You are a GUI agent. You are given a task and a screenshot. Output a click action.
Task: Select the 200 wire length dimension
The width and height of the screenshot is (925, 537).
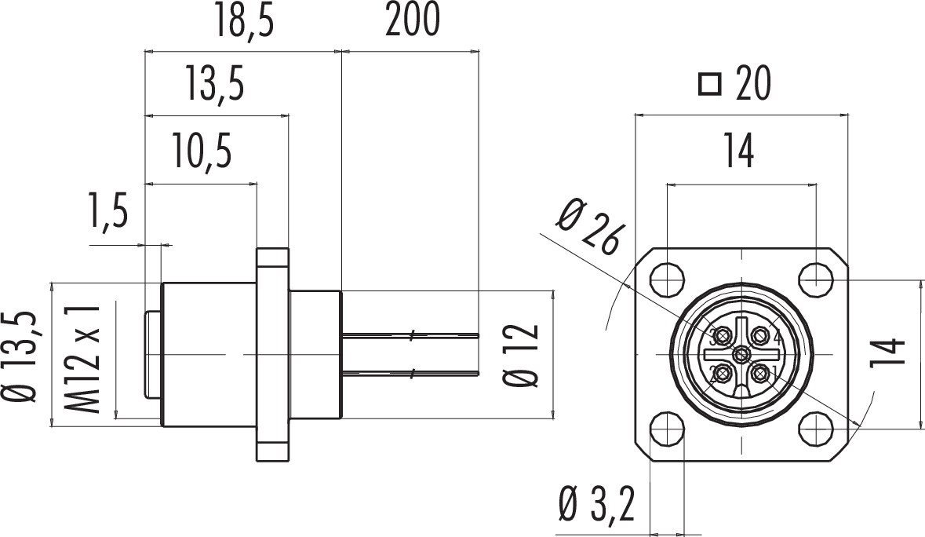(x=412, y=23)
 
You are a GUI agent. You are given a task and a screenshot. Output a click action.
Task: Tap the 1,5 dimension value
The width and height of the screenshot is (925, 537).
(x=107, y=214)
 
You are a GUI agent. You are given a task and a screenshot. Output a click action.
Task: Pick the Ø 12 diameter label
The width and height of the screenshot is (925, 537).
(x=522, y=355)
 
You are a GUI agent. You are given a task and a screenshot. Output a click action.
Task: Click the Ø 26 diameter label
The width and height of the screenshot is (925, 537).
(x=592, y=227)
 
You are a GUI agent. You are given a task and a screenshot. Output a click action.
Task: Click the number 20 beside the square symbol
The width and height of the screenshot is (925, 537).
(x=752, y=84)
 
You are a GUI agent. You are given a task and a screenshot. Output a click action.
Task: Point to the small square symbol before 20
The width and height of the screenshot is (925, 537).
(x=709, y=84)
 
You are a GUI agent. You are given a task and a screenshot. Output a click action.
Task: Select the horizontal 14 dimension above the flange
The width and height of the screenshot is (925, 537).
(x=740, y=151)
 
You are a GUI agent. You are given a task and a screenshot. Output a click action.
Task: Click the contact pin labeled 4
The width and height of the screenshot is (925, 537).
(x=759, y=336)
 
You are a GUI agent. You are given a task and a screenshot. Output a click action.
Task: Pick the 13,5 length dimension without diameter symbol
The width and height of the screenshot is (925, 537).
(x=214, y=85)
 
